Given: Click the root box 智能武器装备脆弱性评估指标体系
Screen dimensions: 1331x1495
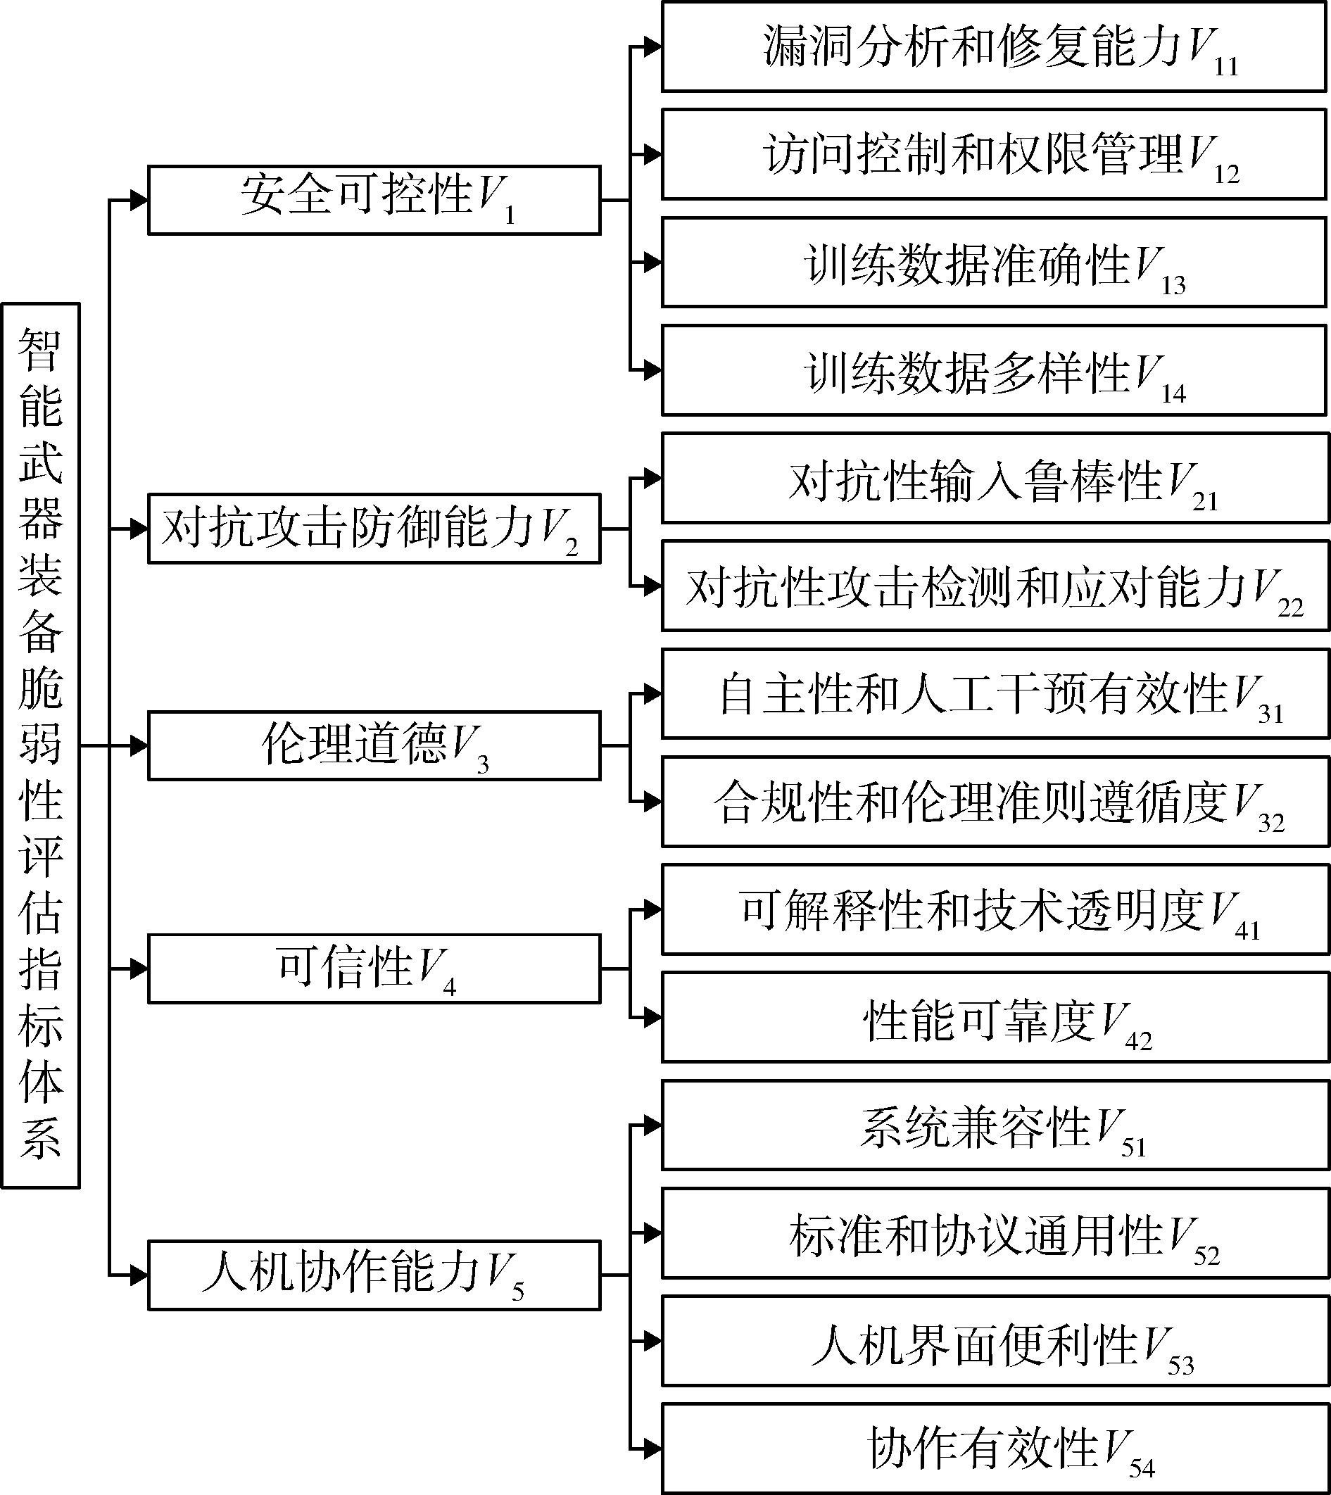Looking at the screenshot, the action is point(40,745).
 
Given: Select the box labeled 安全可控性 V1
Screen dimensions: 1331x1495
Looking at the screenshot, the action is point(374,200).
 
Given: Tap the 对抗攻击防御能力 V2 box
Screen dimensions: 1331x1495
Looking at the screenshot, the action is point(374,529).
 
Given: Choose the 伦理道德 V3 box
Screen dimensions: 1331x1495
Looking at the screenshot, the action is point(374,745).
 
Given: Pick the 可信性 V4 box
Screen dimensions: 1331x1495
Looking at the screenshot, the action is point(374,969).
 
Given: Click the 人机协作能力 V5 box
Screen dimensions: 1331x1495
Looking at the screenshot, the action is point(374,1275).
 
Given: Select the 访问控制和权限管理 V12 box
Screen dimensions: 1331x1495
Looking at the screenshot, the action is point(995,154).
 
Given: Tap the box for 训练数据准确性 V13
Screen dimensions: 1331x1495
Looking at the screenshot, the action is point(995,262).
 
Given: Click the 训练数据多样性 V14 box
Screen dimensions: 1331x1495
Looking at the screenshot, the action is point(995,370).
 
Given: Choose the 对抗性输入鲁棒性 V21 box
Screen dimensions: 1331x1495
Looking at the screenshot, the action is point(995,479).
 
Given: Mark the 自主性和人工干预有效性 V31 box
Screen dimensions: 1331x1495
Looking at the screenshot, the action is point(995,693).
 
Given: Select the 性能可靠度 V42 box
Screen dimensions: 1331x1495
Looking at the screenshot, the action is point(995,1016).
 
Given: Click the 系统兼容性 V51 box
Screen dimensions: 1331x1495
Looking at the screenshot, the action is point(995,1125).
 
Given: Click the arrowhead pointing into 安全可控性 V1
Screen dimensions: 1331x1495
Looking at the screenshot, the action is point(139,200).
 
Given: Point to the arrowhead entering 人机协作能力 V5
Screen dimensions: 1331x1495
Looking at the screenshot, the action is point(139,1275).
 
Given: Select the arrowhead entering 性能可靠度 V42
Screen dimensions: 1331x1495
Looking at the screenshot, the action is point(652,1017).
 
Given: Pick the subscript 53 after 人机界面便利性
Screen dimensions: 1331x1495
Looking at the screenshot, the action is point(1181,1365).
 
